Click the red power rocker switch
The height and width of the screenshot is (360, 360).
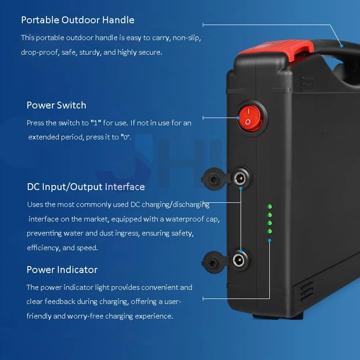(x=250, y=118)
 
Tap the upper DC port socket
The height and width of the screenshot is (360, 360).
(x=240, y=178)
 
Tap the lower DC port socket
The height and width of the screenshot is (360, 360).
(x=238, y=260)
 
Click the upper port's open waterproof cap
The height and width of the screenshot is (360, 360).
(x=213, y=179)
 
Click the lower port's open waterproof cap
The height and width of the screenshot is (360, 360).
(x=213, y=262)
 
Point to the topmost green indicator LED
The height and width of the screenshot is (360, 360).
(x=270, y=206)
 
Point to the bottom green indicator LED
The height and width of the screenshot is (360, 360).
(x=270, y=231)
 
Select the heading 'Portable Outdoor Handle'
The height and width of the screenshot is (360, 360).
(x=78, y=20)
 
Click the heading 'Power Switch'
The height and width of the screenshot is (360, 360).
(x=56, y=105)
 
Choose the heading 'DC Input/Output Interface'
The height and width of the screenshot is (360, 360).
(x=86, y=187)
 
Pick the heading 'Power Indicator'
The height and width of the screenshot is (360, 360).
(x=62, y=270)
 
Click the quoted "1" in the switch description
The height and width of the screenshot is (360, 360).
(x=96, y=123)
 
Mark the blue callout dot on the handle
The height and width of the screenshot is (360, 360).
(x=341, y=46)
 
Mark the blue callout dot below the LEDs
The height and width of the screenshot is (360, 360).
(x=270, y=240)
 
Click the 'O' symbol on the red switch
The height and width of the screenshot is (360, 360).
(x=248, y=122)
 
